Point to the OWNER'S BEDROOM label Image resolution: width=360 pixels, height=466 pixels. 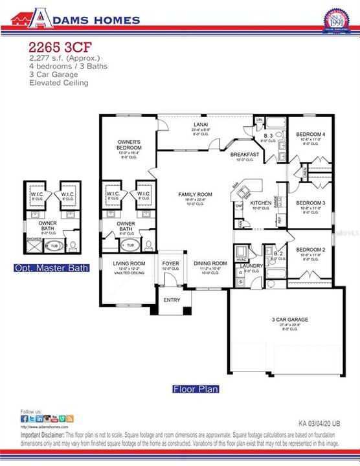tap(129, 144)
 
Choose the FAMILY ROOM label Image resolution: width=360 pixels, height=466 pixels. tap(196, 194)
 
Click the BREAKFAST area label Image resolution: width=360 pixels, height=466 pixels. tap(245, 155)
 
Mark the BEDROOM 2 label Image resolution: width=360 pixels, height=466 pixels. tap(310, 250)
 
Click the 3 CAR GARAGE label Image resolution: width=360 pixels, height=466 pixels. tap(289, 319)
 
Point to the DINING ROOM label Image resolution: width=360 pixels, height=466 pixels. tap(210, 263)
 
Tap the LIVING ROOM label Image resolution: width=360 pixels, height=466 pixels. tap(128, 263)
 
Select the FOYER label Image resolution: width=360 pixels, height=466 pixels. tap(170, 263)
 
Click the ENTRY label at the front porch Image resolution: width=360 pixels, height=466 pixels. tap(172, 300)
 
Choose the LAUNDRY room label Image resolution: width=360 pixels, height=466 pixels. tap(251, 266)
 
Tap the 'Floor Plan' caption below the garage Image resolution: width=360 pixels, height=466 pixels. tap(195, 389)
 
